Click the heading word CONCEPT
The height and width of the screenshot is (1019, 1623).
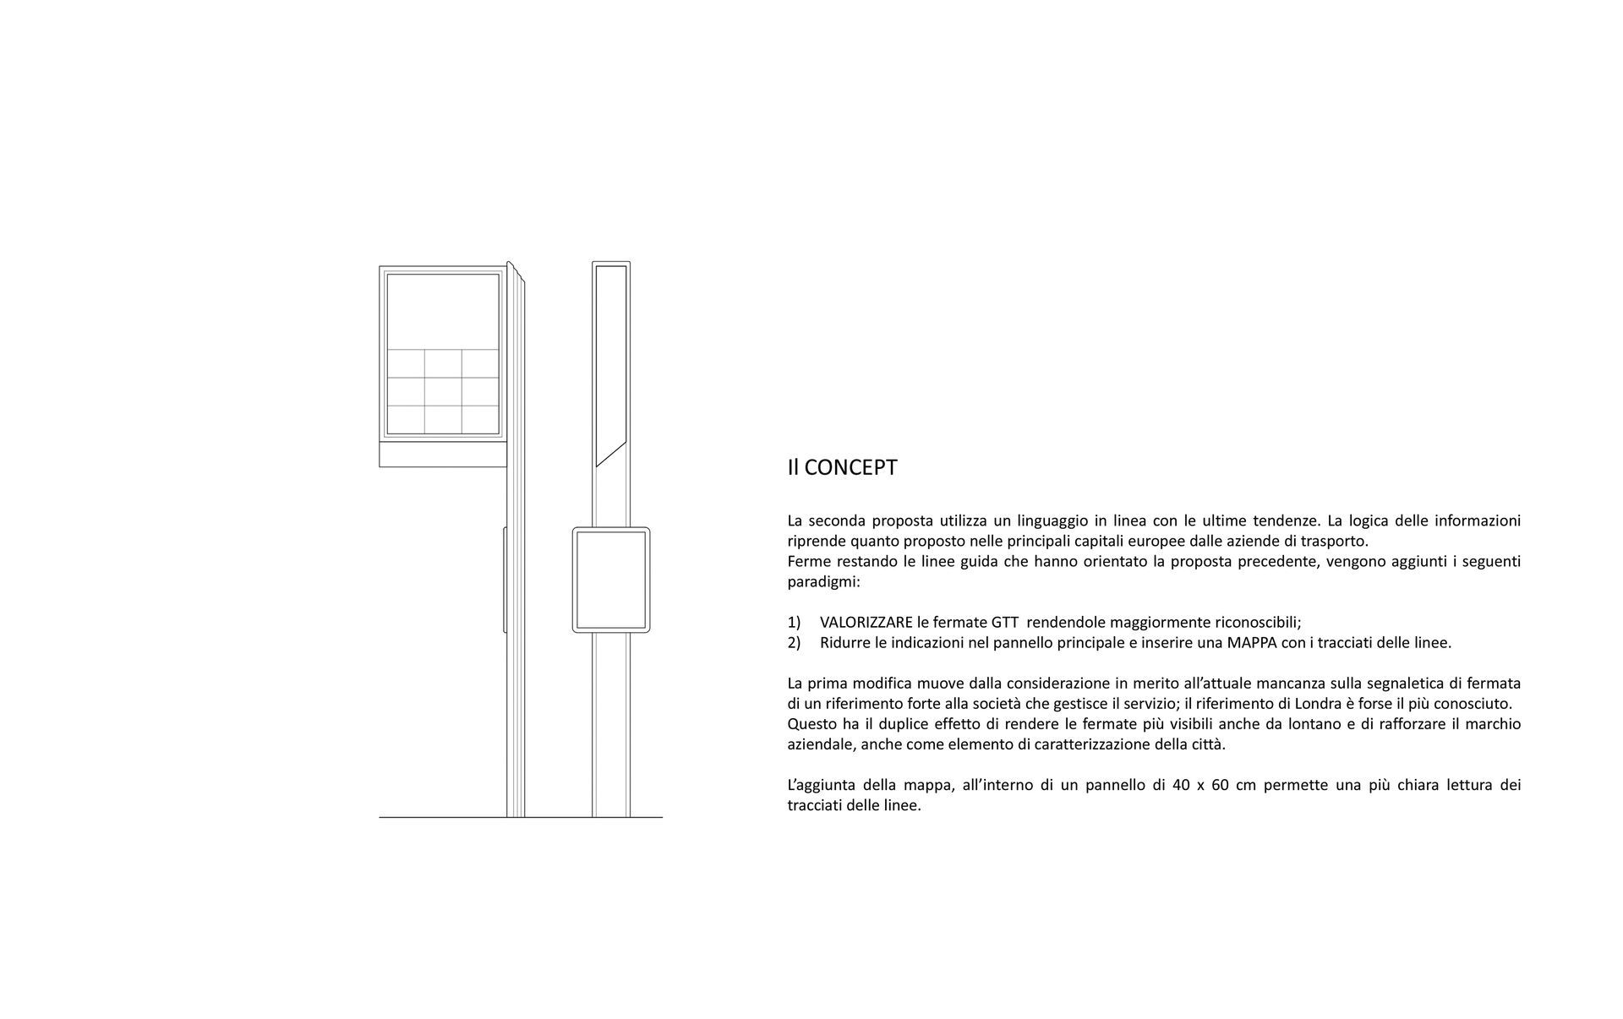(850, 468)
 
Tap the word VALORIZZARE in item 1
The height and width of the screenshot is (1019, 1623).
(866, 623)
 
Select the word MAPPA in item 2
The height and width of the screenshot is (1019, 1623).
(1256, 643)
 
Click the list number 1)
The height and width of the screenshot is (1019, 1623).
(794, 623)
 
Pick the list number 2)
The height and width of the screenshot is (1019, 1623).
(794, 643)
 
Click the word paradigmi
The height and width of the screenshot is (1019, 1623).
(822, 582)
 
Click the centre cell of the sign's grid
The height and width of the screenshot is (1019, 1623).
(443, 391)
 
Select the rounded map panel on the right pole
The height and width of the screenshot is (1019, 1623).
(610, 580)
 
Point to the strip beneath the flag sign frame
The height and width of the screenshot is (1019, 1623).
(442, 455)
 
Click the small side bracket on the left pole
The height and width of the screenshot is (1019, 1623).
(505, 580)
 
